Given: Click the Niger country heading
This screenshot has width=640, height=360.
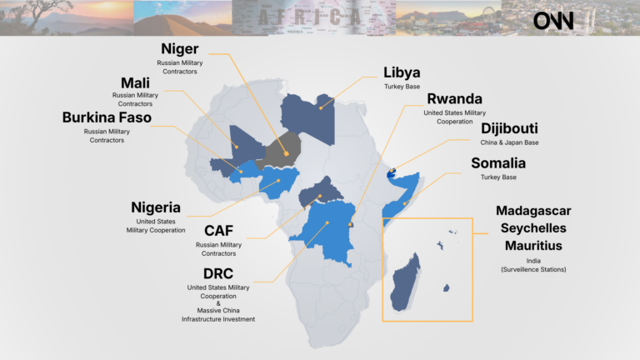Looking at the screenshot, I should click(179, 49).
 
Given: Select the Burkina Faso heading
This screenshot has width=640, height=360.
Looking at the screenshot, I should click(107, 117).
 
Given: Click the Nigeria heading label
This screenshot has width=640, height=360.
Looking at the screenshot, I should click(156, 207).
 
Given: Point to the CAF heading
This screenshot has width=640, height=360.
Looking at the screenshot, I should click(218, 231).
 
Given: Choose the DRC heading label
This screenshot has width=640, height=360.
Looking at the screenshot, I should click(218, 273).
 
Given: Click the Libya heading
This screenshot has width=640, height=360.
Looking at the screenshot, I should click(402, 72).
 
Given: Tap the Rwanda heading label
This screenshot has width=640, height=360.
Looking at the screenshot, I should click(454, 99).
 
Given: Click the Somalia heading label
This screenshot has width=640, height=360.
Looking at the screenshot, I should click(498, 163).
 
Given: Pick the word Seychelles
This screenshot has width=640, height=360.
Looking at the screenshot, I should click(533, 227).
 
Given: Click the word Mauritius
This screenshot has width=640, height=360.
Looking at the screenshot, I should click(533, 246).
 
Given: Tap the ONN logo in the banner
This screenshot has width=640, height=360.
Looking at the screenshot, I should click(553, 20).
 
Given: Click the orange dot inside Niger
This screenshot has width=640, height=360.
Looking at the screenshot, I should click(286, 153).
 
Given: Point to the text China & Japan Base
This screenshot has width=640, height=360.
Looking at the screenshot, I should click(509, 143).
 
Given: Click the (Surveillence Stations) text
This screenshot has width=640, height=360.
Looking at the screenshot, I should click(533, 269).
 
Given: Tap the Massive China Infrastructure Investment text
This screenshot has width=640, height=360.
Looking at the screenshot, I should click(218, 314).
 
